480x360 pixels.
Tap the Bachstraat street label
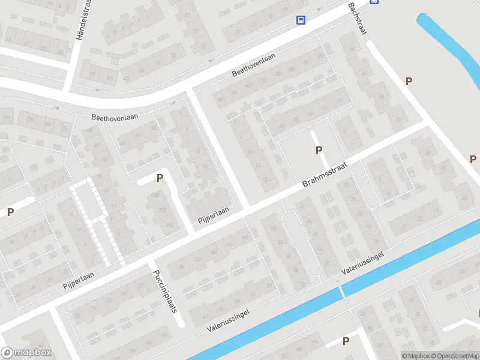point(356,17)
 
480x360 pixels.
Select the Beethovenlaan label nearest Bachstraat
point(253,65)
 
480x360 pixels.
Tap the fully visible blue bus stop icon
point(301,20)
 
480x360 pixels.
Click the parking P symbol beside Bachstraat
point(409,81)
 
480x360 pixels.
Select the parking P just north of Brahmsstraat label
point(319,150)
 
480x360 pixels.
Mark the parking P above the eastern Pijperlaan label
point(160,178)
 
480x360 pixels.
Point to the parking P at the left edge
point(10,212)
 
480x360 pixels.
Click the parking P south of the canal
point(346,341)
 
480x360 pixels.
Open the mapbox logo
point(26,353)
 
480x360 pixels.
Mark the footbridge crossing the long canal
point(342,292)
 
